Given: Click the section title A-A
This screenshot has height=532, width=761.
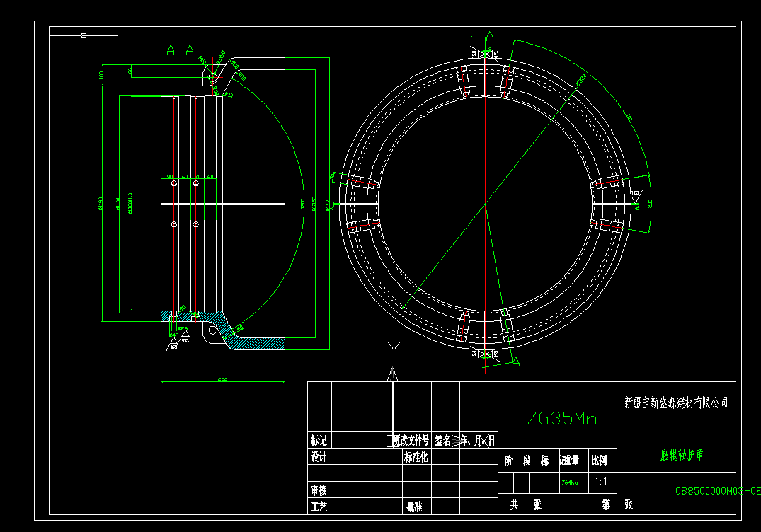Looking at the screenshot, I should (180, 50).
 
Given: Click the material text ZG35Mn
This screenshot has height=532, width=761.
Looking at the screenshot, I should (562, 419).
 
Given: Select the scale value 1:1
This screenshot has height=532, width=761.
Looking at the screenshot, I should (601, 482).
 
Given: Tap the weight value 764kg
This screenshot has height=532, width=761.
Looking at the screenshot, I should (570, 483).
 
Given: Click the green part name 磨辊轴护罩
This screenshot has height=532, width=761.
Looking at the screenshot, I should (677, 456).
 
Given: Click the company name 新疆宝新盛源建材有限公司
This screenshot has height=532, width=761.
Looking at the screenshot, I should (676, 403).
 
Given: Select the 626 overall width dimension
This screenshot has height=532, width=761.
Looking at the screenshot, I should (222, 381).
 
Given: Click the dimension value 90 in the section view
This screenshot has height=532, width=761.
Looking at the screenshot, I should (170, 177).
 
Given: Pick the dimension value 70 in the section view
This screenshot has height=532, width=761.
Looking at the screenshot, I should (198, 177).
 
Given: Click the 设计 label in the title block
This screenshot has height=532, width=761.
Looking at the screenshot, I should (319, 457).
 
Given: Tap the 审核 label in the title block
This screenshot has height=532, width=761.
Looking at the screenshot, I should (319, 490).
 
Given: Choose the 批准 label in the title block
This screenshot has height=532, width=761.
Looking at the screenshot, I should (414, 507).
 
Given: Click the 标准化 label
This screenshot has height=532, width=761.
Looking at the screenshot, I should (417, 457).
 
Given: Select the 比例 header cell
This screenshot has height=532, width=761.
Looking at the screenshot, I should (599, 461).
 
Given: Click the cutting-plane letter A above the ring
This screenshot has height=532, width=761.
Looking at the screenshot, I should (489, 35).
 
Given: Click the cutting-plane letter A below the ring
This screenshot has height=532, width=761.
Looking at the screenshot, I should (515, 362).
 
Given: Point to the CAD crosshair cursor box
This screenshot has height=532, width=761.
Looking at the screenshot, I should (84, 35).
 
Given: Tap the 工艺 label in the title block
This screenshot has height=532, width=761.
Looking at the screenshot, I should (319, 507).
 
